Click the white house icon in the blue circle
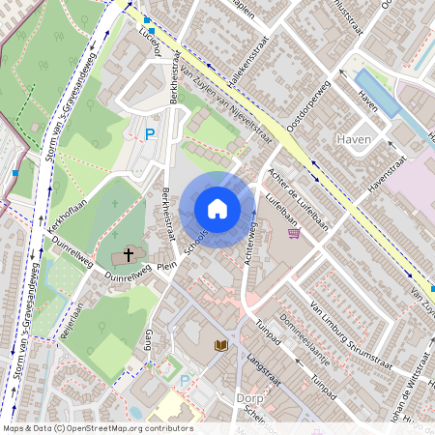click(217, 208)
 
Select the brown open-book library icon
click(220, 345)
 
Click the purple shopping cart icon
click(294, 233)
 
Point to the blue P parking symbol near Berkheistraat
click(150, 135)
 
